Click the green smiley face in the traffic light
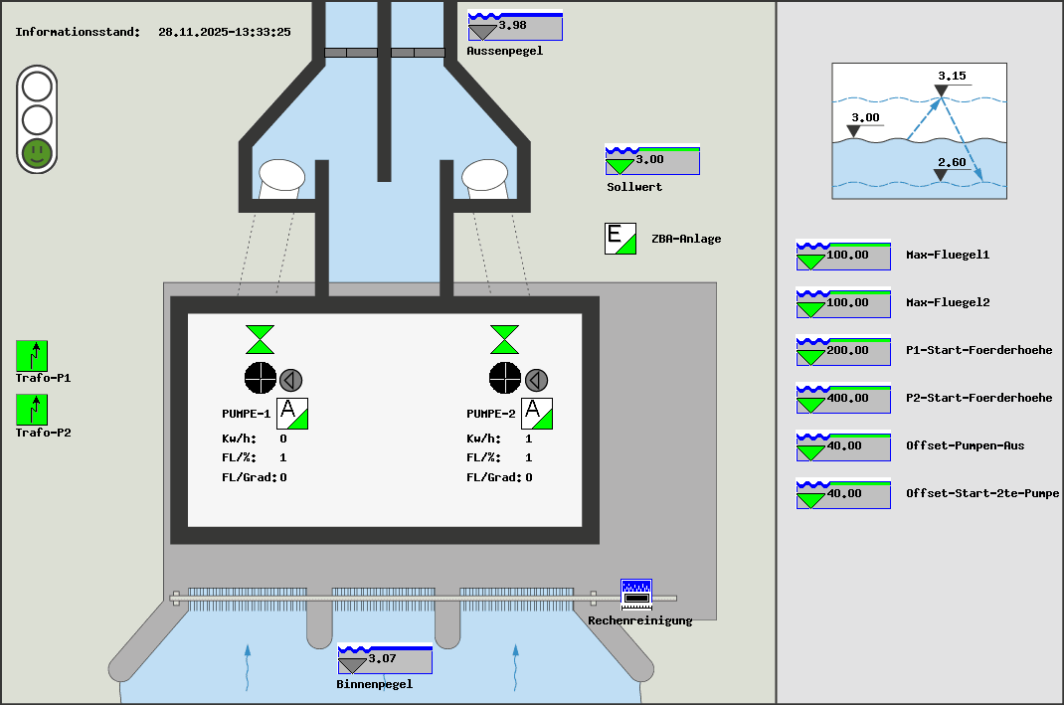(x=37, y=153)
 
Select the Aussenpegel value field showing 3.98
(x=515, y=26)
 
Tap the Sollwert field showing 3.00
(x=652, y=160)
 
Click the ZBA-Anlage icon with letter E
(x=621, y=239)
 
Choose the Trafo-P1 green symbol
(x=32, y=356)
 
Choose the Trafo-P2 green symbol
(x=32, y=410)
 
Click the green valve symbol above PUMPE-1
(x=261, y=339)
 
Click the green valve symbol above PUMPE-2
(x=505, y=339)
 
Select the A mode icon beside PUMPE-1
(x=292, y=413)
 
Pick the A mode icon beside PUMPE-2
(x=537, y=413)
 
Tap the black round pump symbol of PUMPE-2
(x=505, y=378)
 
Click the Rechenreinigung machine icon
(x=635, y=595)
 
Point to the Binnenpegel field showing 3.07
(x=385, y=659)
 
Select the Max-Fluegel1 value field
(x=843, y=256)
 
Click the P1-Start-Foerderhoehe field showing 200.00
(x=843, y=351)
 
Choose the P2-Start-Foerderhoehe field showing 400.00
(x=843, y=399)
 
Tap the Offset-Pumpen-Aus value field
(x=843, y=446)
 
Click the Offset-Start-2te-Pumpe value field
(x=843, y=494)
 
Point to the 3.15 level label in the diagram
(x=952, y=76)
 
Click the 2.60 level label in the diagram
(x=952, y=163)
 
